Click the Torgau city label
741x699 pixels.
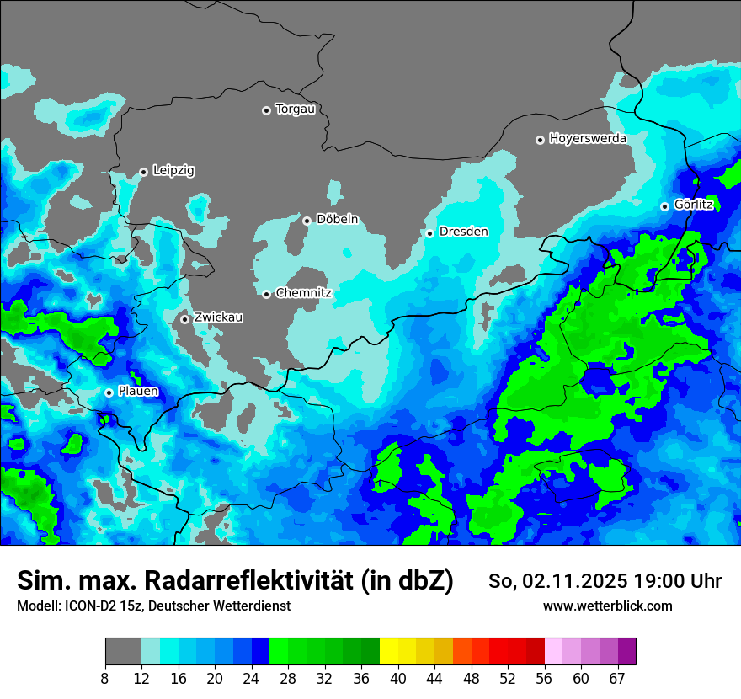[x=295, y=109]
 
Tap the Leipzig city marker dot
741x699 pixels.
[x=144, y=172]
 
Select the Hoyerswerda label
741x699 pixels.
[x=588, y=139]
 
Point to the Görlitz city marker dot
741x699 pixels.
[x=664, y=206]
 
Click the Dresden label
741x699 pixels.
[x=463, y=232]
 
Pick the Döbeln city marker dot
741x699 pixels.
[x=307, y=221]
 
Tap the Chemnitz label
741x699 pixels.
[x=303, y=293]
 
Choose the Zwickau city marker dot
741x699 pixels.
[x=184, y=319]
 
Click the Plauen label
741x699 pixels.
[x=137, y=392]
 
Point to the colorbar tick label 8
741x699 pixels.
[x=105, y=679]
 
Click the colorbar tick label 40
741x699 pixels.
[x=397, y=679]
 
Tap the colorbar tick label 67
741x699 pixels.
[x=617, y=679]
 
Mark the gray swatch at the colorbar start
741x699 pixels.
[x=123, y=652]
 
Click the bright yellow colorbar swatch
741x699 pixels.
[x=388, y=652]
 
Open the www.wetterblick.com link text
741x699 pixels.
[x=607, y=606]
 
